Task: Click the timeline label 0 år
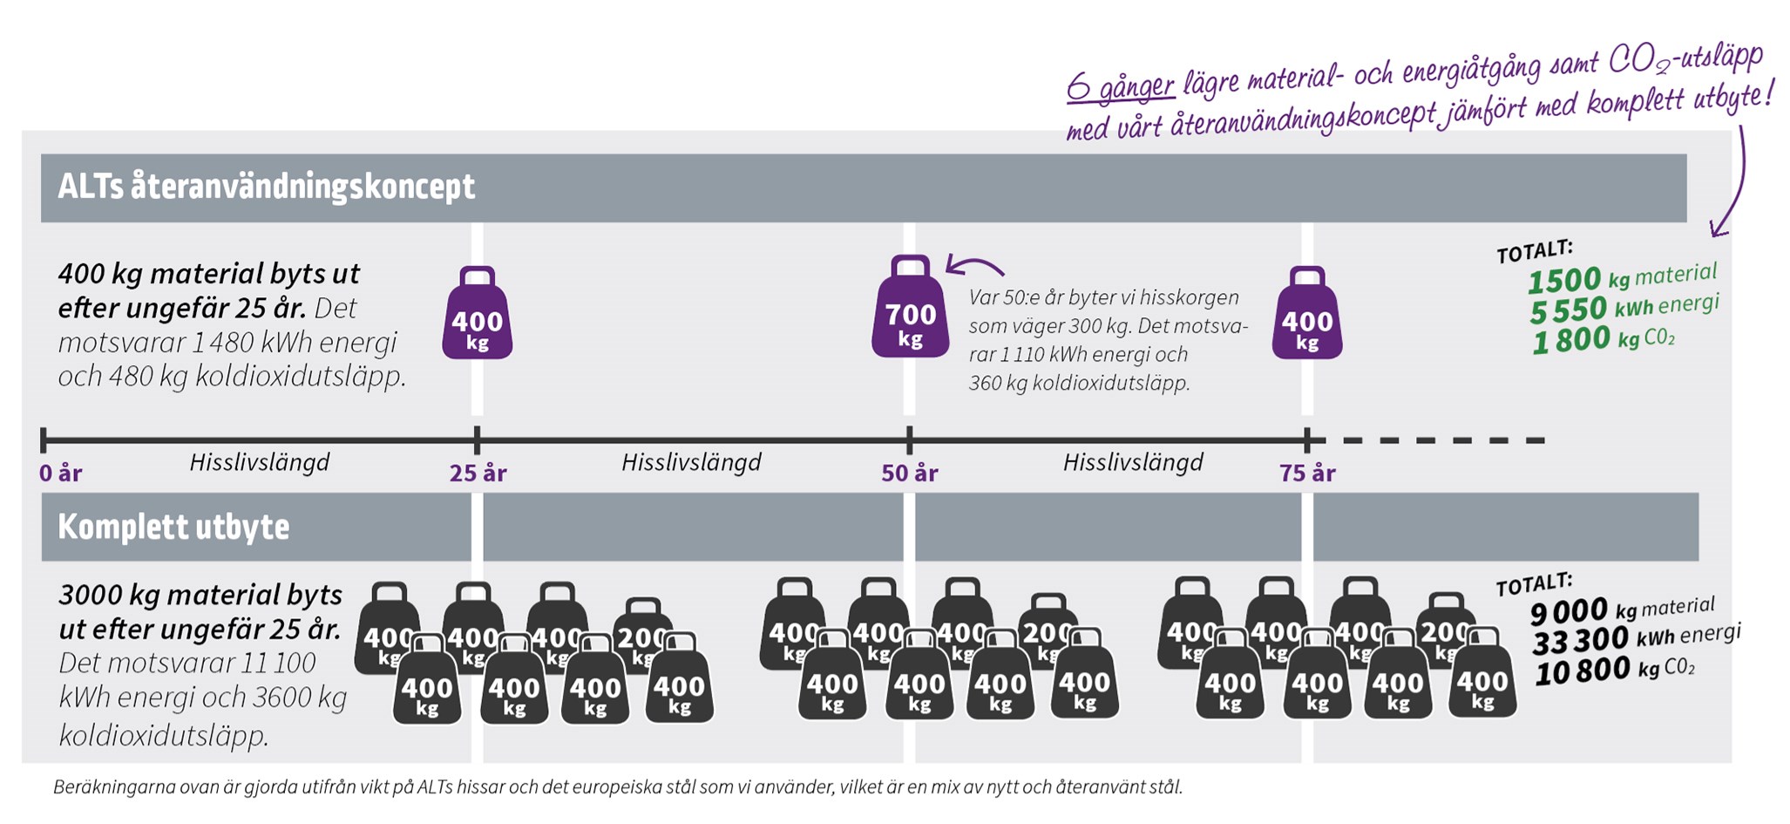coord(60,473)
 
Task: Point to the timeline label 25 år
coord(478,473)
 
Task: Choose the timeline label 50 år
coord(909,473)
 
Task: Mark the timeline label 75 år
coord(1307,473)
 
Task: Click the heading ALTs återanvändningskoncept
coord(267,187)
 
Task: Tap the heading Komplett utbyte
coord(173,527)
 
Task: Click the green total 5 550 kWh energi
coord(1624,308)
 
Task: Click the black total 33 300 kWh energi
coord(1637,638)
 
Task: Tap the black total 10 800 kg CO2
coord(1615,671)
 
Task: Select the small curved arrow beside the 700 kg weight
coord(974,264)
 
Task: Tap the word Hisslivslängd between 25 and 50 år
coord(691,462)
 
